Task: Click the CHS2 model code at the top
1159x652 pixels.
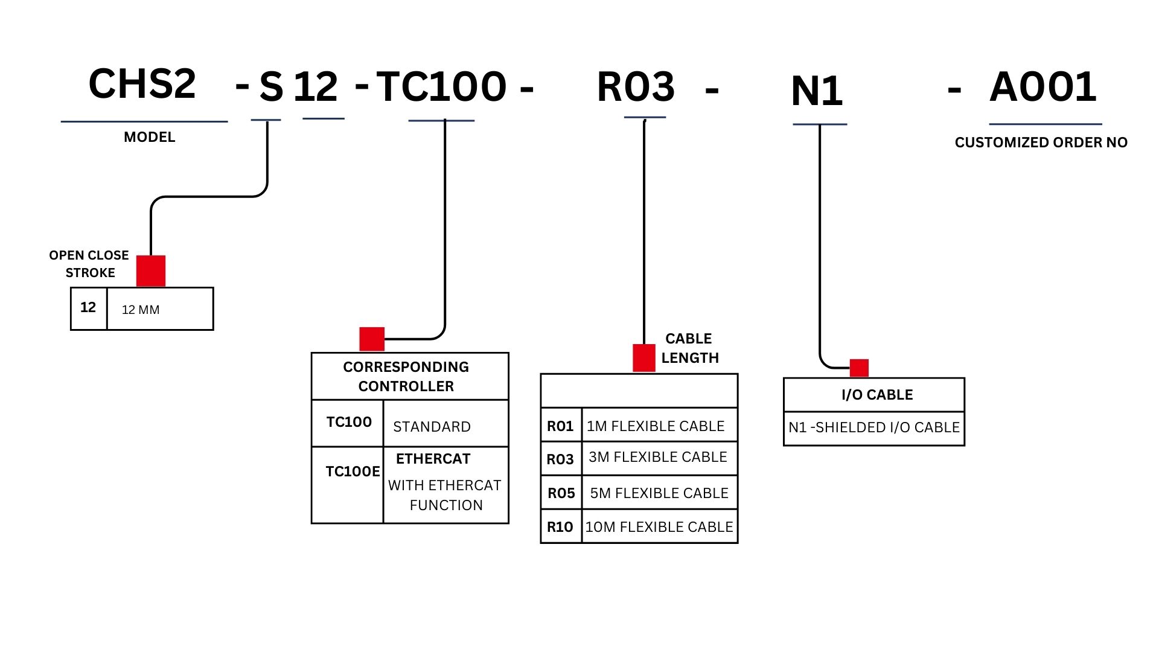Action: tap(142, 84)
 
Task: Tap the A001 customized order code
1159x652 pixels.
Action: tap(1042, 87)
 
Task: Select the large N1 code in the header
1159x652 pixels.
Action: tap(816, 92)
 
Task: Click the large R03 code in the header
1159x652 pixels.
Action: tap(636, 87)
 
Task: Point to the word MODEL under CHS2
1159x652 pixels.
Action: tap(149, 137)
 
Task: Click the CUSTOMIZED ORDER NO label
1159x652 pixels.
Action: tap(1041, 142)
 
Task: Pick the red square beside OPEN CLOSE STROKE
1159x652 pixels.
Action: tap(151, 270)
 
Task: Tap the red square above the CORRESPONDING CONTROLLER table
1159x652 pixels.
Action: tap(372, 339)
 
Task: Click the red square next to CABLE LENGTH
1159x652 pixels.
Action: tap(643, 357)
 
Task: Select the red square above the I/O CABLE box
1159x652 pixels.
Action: tap(859, 368)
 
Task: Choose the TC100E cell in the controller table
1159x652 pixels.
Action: tap(352, 471)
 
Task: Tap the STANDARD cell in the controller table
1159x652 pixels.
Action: tap(432, 427)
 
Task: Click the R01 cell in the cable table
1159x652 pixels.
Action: tap(560, 426)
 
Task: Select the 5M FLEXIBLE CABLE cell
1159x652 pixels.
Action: tap(659, 493)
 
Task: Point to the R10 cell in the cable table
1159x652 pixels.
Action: tap(560, 527)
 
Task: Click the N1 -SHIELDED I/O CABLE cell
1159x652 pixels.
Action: tap(873, 427)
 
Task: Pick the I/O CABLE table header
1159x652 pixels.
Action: tap(876, 395)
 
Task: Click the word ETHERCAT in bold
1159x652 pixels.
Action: tap(433, 459)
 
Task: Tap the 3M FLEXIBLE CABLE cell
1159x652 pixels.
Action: tap(658, 457)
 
